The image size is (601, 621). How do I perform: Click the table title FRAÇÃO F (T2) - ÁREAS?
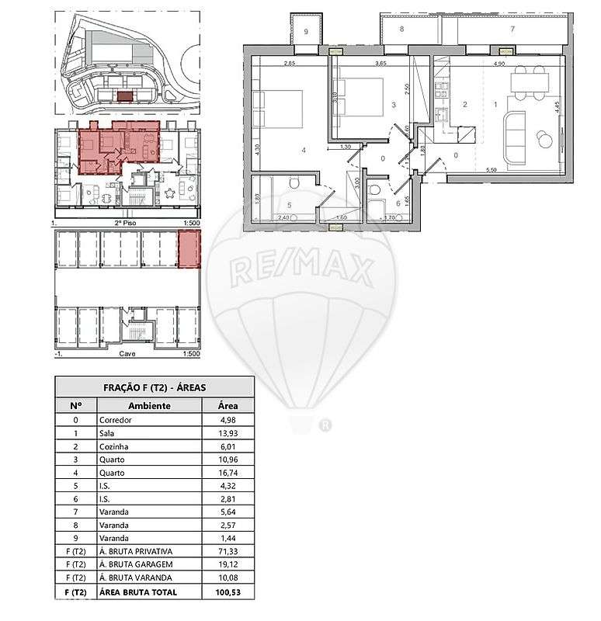click(154, 387)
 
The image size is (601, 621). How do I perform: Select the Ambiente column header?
click(149, 405)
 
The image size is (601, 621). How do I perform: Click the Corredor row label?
click(116, 420)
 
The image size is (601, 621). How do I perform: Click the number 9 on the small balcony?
click(306, 32)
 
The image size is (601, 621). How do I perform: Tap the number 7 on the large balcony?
click(512, 29)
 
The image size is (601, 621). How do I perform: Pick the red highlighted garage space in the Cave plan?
click(189, 250)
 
